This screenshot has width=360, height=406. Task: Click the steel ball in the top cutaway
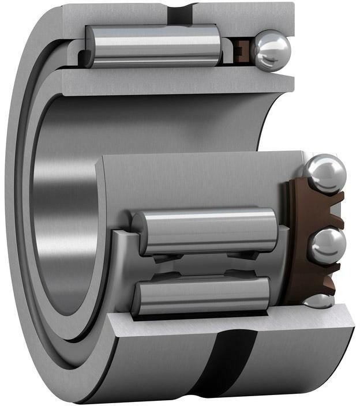pyautogui.click(x=271, y=50)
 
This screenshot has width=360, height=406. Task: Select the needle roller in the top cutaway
pyautogui.click(x=153, y=46)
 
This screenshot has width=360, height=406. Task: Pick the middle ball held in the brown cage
pyautogui.click(x=326, y=245)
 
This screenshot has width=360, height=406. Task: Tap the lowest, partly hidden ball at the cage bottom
pyautogui.click(x=318, y=301)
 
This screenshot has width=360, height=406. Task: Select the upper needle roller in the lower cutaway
pyautogui.click(x=205, y=231)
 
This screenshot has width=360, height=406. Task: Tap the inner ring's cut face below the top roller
pyautogui.click(x=173, y=81)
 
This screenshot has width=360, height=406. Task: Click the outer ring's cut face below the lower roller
pyautogui.click(x=231, y=326)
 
